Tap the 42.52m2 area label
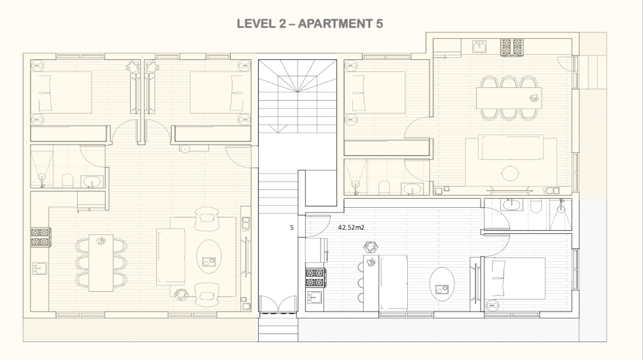[x=351, y=227]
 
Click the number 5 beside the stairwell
[x=292, y=227]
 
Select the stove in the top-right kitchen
[x=512, y=47]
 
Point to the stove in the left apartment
[x=41, y=237]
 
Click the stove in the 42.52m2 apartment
[x=315, y=277]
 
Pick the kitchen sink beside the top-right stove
[x=479, y=47]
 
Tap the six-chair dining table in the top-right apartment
[x=509, y=98]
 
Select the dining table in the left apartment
[x=101, y=263]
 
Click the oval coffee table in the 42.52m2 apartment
[x=442, y=284]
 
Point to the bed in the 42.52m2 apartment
[x=515, y=278]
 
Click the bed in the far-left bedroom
[x=61, y=92]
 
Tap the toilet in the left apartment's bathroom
[x=68, y=180]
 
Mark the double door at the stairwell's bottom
[x=278, y=305]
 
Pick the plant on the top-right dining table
[x=533, y=98]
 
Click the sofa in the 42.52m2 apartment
[x=393, y=282]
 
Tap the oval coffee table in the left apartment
[x=209, y=257]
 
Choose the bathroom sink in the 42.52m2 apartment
[x=511, y=205]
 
